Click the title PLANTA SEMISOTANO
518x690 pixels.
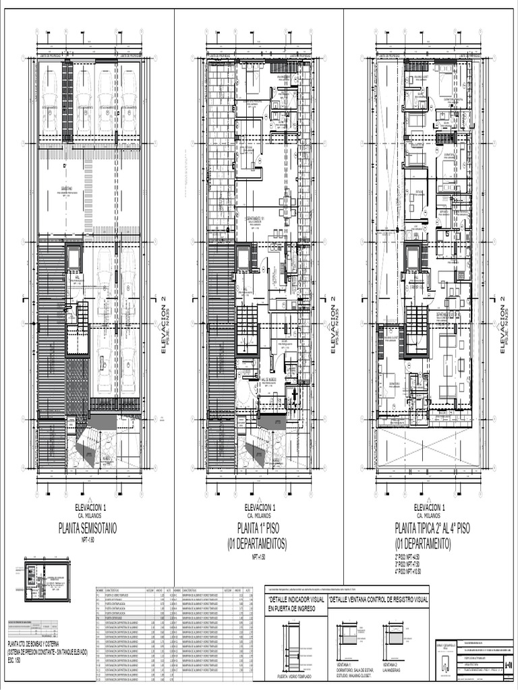point(88,528)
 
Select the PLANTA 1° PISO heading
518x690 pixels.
point(258,527)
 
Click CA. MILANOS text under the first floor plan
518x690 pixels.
point(259,515)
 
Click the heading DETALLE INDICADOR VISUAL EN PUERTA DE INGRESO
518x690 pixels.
point(296,603)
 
